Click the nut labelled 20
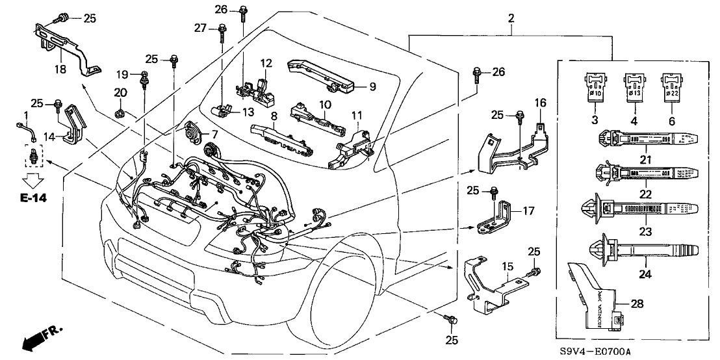click(119, 114)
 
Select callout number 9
click(372, 85)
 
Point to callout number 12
click(266, 64)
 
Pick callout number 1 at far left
click(27, 115)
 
